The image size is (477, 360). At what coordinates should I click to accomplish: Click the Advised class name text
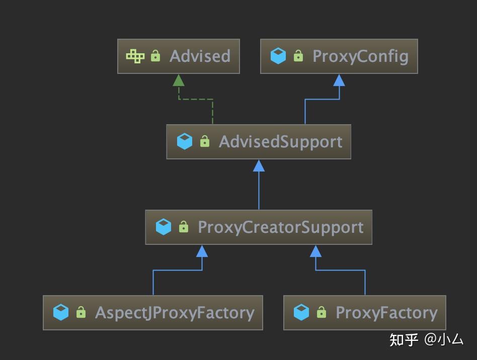[x=200, y=56]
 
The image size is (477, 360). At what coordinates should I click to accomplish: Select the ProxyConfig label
[x=360, y=56]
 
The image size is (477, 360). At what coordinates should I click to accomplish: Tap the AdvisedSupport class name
[x=280, y=142]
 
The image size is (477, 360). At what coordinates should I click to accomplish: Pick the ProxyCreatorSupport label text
[x=280, y=227]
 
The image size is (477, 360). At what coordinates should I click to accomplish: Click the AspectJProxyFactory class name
[x=175, y=313]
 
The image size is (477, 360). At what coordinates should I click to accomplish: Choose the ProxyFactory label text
[x=386, y=313]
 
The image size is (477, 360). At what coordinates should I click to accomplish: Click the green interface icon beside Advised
[x=135, y=56]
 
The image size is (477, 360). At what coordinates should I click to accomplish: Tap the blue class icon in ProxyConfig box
[x=278, y=56]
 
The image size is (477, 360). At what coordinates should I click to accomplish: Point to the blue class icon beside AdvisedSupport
[x=185, y=142]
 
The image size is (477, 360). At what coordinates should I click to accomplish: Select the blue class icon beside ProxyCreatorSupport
[x=164, y=227]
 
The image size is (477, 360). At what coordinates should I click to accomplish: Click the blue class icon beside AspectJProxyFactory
[x=61, y=313]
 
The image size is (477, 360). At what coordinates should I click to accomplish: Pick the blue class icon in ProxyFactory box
[x=301, y=313]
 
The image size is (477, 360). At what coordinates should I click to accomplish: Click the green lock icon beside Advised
[x=155, y=56]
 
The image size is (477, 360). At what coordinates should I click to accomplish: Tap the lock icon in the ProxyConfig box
[x=298, y=56]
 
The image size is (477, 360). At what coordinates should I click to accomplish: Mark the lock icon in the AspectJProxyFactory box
[x=81, y=313]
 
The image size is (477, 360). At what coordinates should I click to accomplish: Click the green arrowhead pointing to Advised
[x=179, y=80]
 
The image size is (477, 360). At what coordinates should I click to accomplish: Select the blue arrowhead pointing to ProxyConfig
[x=339, y=80]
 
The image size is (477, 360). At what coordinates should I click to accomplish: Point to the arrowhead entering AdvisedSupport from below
[x=259, y=165]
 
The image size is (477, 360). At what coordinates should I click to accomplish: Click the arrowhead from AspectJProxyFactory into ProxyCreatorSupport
[x=202, y=251]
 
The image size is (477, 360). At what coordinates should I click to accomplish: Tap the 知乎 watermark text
[x=404, y=340]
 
